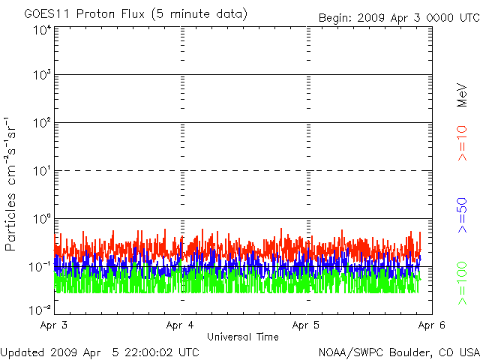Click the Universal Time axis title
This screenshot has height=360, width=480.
pyautogui.click(x=243, y=337)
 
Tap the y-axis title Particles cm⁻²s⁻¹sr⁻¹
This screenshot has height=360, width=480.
pyautogui.click(x=12, y=183)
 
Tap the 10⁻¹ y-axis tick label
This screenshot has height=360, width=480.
pyautogui.click(x=40, y=266)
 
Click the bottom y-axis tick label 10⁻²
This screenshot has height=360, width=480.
pyautogui.click(x=40, y=309)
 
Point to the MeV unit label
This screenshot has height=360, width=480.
pyautogui.click(x=462, y=95)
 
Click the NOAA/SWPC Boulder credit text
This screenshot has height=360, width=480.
pyautogui.click(x=398, y=352)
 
